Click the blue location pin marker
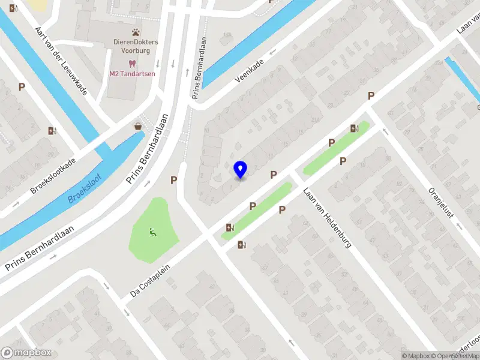(x=241, y=169)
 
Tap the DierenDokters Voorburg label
(x=135, y=47)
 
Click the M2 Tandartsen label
(x=132, y=74)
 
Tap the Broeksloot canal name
(x=85, y=188)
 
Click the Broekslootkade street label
(x=53, y=176)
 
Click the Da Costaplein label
(x=155, y=281)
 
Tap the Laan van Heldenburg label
(x=326, y=219)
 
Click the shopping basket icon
(x=139, y=127)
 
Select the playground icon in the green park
(x=153, y=232)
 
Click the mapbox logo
(x=26, y=353)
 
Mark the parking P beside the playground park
(x=174, y=179)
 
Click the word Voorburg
(x=135, y=52)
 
